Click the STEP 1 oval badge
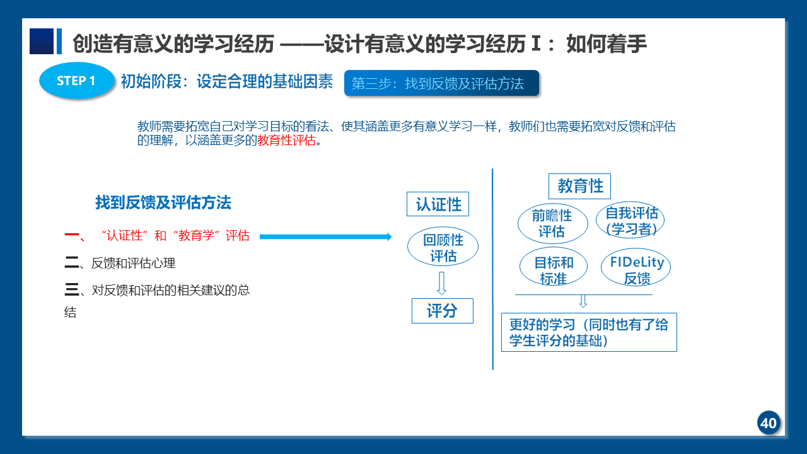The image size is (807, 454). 77,80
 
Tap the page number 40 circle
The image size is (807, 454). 769,422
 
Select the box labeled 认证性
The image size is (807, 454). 438,204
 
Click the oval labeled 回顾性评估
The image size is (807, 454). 443,247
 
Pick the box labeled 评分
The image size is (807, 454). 443,311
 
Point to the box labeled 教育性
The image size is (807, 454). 579,186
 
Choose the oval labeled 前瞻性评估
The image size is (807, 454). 553,223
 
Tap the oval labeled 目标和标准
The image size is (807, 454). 554,267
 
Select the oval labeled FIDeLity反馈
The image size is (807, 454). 636,267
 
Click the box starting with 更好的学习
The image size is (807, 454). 589,332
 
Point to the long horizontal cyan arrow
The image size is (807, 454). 326,236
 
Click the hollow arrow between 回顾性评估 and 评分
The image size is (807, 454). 442,283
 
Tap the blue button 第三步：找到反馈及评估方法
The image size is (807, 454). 442,83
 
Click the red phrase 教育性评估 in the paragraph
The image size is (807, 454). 286,140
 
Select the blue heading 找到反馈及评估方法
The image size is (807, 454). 163,202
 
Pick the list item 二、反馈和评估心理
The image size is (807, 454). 120,263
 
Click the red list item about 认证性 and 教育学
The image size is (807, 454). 157,236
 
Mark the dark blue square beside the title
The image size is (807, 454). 42,41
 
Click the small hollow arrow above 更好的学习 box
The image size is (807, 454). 583,301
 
